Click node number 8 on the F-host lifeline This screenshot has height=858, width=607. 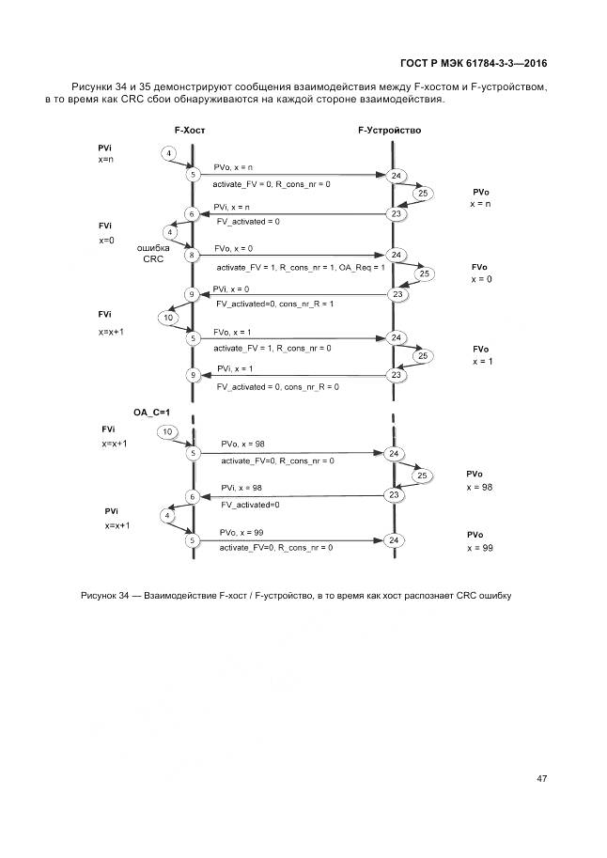click(x=192, y=255)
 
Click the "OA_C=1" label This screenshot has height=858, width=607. click(x=151, y=412)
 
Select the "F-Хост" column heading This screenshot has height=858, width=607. click(x=190, y=131)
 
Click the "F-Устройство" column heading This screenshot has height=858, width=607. click(x=389, y=131)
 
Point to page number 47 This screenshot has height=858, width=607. click(x=542, y=778)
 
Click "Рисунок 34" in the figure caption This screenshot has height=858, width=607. click(x=104, y=595)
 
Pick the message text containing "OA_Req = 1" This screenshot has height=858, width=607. click(x=301, y=268)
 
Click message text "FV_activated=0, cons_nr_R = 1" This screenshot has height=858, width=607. click(x=274, y=304)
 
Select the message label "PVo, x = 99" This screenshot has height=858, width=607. click(x=241, y=533)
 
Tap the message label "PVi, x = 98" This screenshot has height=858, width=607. click(x=241, y=488)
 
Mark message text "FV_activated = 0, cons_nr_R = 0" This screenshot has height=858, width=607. click(x=277, y=386)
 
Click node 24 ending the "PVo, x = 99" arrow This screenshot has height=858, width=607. click(x=396, y=540)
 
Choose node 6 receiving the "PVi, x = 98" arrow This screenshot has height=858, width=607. click(x=192, y=496)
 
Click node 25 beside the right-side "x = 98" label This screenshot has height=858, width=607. click(x=423, y=476)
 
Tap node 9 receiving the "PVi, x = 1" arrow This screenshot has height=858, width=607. click(x=192, y=376)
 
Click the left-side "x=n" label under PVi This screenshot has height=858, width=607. click(x=106, y=160)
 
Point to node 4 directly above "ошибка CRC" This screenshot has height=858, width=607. click(x=170, y=232)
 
